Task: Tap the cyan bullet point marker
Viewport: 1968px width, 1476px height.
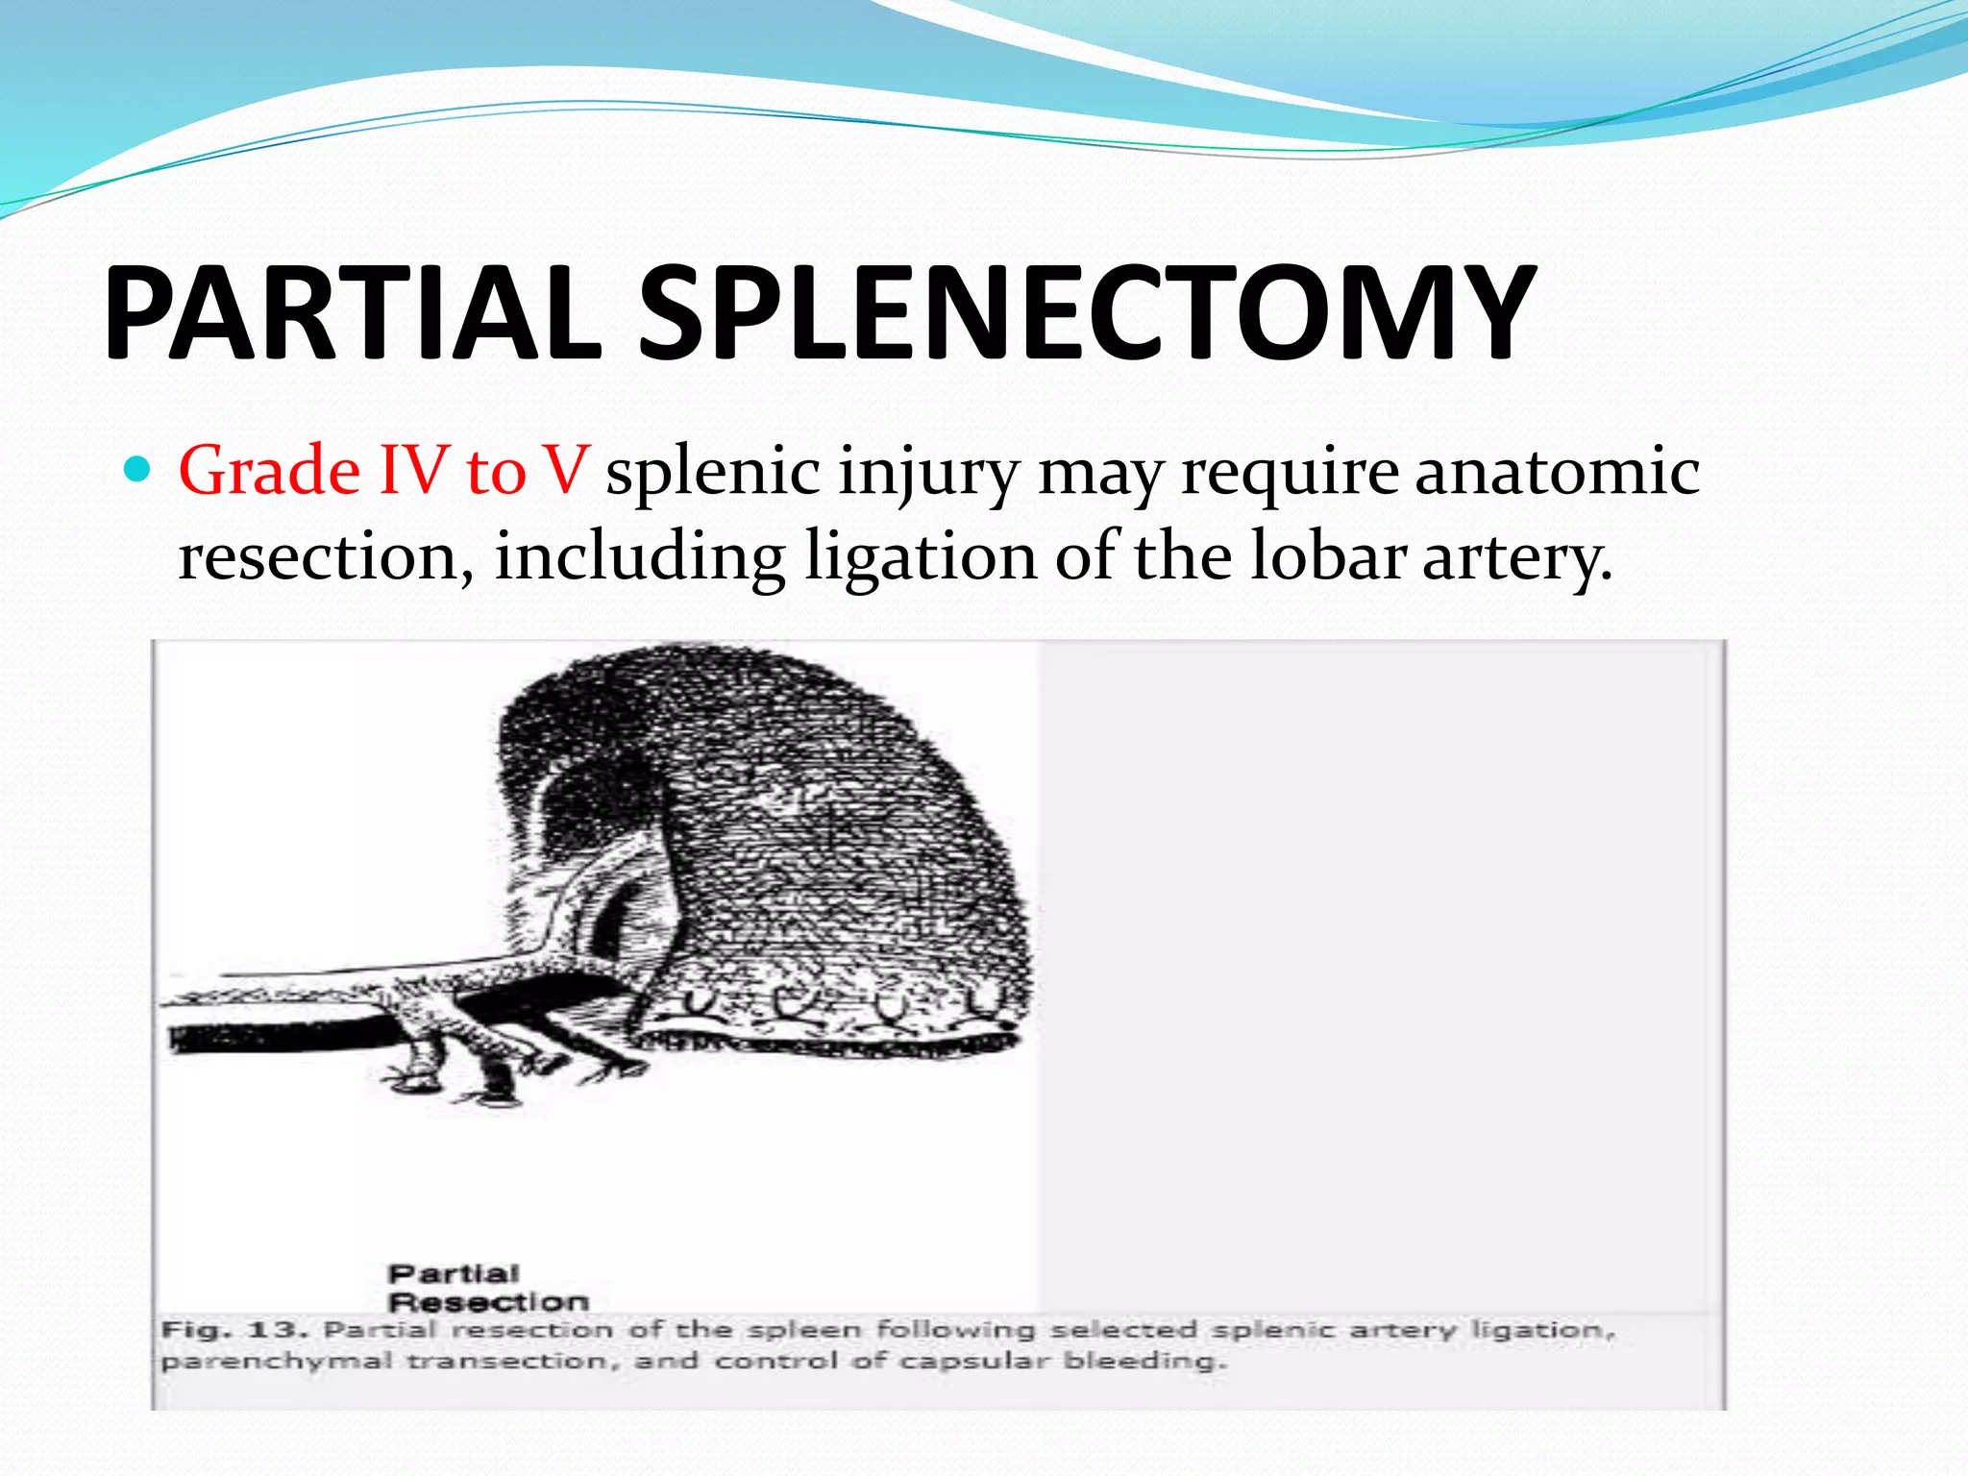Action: (139, 470)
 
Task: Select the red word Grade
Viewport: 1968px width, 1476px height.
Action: (270, 471)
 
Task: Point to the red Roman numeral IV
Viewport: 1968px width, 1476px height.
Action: (413, 471)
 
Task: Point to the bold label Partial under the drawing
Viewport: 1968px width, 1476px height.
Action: (454, 1274)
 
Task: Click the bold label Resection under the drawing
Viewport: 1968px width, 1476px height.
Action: (488, 1303)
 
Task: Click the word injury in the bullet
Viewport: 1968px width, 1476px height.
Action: (927, 473)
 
